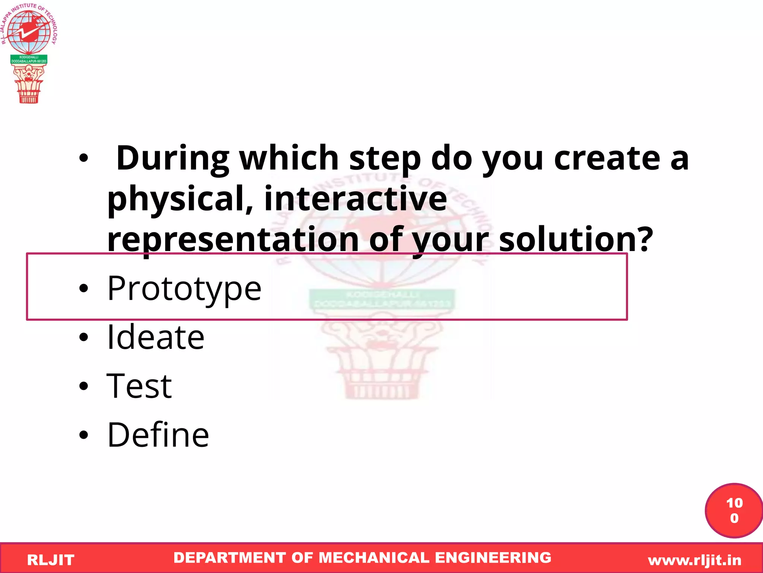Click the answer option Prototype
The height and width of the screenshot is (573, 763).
[x=184, y=288]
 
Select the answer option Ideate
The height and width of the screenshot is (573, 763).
[x=155, y=337]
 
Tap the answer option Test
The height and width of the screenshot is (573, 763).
[x=139, y=386]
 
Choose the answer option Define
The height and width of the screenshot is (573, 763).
[x=158, y=435]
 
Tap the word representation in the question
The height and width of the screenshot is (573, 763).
[x=233, y=239]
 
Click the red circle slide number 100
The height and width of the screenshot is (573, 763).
[x=734, y=510]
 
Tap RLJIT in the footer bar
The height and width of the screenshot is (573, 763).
[x=51, y=560]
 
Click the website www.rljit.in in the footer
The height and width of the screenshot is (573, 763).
[x=694, y=560]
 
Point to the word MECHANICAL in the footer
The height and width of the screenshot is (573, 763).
[x=374, y=558]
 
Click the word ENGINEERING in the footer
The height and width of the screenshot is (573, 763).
[x=493, y=558]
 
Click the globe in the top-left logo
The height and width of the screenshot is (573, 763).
[x=29, y=32]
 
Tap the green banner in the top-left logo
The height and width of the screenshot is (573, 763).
[x=29, y=59]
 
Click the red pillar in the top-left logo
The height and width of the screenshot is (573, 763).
[x=29, y=85]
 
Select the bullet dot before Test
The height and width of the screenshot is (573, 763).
[x=84, y=386]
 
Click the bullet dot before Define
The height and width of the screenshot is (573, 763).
[x=84, y=435]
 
